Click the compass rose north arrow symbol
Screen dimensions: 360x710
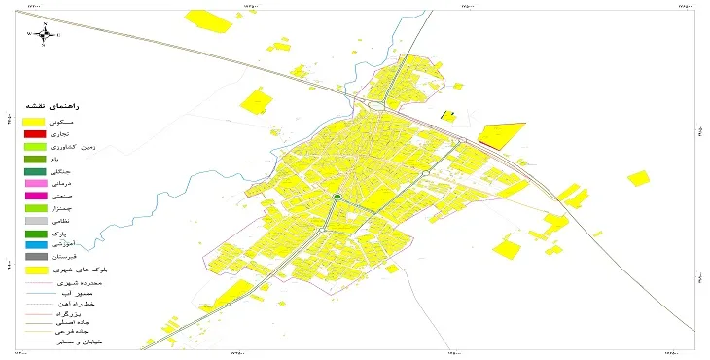coord(44,34)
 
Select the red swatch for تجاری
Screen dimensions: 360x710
coord(36,132)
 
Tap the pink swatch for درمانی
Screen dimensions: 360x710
coord(36,183)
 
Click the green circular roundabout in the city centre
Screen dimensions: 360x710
coord(337,198)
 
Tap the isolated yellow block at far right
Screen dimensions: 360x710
coord(637,178)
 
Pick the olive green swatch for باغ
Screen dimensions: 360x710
coord(36,158)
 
